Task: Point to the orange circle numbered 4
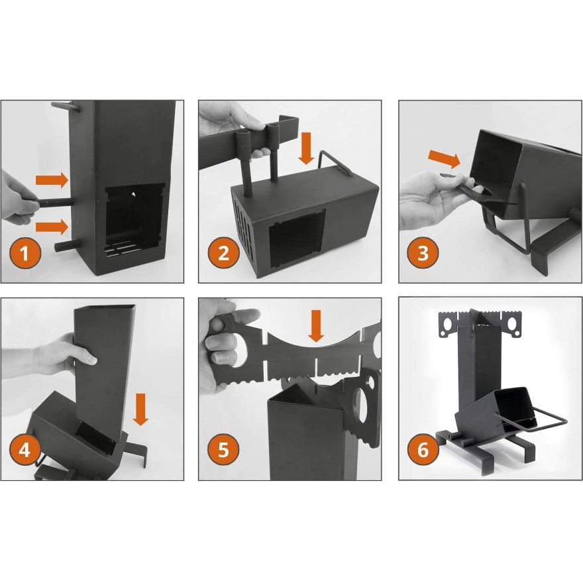tap(24, 450)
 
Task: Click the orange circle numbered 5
tap(222, 450)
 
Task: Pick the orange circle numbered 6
tap(423, 450)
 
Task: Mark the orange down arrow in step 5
tap(317, 326)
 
